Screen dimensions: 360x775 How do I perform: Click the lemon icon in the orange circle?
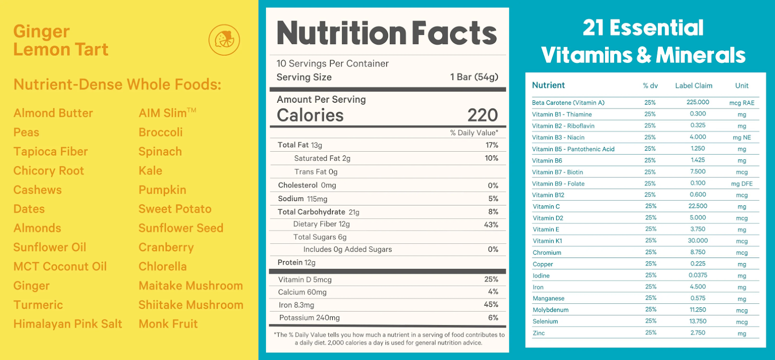(224, 40)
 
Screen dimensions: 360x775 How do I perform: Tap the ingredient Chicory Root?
(48, 171)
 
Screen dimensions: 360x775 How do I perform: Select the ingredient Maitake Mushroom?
(190, 285)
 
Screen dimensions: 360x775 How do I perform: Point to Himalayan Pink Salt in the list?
(67, 324)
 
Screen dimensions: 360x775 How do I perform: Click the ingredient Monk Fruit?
(168, 324)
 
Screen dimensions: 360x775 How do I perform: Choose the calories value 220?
(482, 115)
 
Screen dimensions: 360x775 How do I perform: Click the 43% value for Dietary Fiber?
(491, 225)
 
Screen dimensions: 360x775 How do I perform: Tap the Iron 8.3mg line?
(296, 305)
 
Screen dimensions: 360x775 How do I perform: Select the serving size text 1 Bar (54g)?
(474, 77)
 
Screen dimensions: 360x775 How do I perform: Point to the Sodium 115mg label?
(302, 199)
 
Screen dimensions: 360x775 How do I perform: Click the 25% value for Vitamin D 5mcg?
(491, 279)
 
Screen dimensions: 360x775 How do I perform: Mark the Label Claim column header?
(694, 86)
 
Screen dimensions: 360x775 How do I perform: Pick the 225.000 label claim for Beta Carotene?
(697, 102)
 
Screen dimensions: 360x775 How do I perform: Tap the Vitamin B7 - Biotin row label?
(557, 172)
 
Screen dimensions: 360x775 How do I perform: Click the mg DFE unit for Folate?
(742, 184)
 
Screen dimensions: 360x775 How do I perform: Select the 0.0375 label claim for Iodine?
(697, 275)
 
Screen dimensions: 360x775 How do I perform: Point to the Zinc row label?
(539, 333)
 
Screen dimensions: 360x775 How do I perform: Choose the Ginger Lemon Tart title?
(61, 40)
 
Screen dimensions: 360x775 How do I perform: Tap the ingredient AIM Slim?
(167, 113)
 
